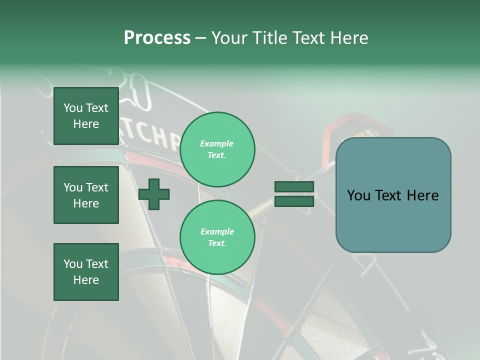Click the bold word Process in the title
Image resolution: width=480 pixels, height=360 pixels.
(157, 38)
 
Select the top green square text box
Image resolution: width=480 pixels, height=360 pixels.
(86, 116)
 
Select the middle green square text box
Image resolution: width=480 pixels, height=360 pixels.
(86, 195)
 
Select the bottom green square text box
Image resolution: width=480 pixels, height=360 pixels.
(86, 272)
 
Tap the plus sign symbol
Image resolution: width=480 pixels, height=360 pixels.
(154, 194)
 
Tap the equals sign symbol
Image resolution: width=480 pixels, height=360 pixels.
(294, 194)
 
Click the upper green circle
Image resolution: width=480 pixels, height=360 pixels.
(217, 149)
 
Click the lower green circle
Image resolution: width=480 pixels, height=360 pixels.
(217, 237)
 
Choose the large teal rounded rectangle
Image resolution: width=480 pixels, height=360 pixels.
(393, 195)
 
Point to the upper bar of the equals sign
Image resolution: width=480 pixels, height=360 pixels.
(294, 187)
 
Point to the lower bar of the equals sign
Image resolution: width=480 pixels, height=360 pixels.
(294, 201)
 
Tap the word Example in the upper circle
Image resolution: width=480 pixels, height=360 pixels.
(216, 144)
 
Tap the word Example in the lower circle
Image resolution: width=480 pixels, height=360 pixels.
(217, 232)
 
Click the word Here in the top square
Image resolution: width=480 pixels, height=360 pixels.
(86, 124)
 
